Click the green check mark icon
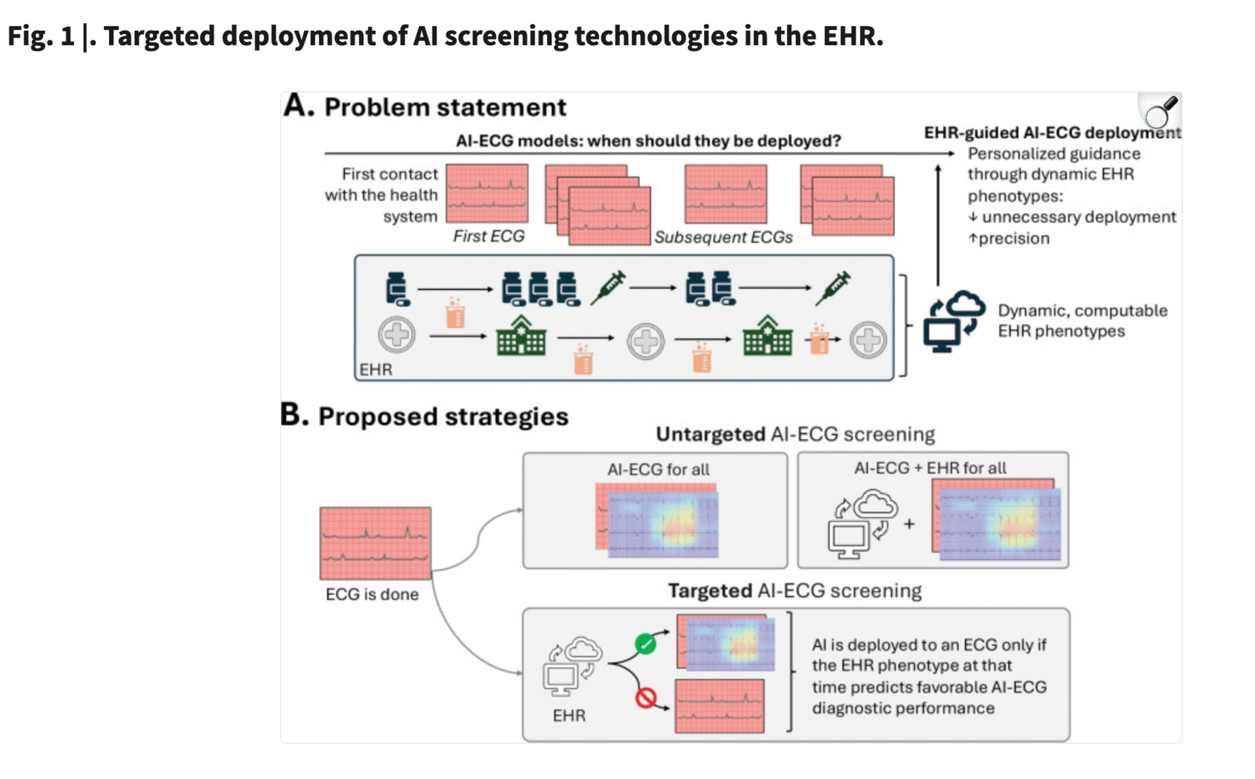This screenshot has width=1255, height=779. pyautogui.click(x=646, y=644)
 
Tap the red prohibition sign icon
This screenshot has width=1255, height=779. pyautogui.click(x=646, y=698)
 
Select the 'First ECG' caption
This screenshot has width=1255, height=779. pyautogui.click(x=489, y=236)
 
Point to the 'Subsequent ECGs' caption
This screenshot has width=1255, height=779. pyautogui.click(x=724, y=237)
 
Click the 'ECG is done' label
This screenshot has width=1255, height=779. pyautogui.click(x=372, y=594)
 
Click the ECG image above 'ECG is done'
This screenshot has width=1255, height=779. pyautogui.click(x=375, y=543)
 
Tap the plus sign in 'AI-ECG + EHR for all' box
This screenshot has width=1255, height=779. pyautogui.click(x=909, y=523)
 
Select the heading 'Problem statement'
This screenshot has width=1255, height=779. pyautogui.click(x=445, y=107)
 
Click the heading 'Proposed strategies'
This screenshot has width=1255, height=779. pyautogui.click(x=443, y=416)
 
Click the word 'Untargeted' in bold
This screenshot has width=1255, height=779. pyautogui.click(x=711, y=435)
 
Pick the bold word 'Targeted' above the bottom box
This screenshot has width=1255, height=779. pyautogui.click(x=710, y=591)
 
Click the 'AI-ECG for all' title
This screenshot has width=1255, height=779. pyautogui.click(x=658, y=469)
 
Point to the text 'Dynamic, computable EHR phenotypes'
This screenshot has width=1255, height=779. pyautogui.click(x=1082, y=321)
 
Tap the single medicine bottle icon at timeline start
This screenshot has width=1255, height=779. pyautogui.click(x=397, y=289)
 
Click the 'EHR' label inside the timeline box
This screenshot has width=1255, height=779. pyautogui.click(x=376, y=370)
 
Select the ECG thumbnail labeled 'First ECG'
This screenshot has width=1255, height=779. pyautogui.click(x=487, y=193)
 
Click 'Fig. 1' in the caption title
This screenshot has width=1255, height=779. pyautogui.click(x=41, y=36)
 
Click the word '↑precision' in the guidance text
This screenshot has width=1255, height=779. pyautogui.click(x=1009, y=239)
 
